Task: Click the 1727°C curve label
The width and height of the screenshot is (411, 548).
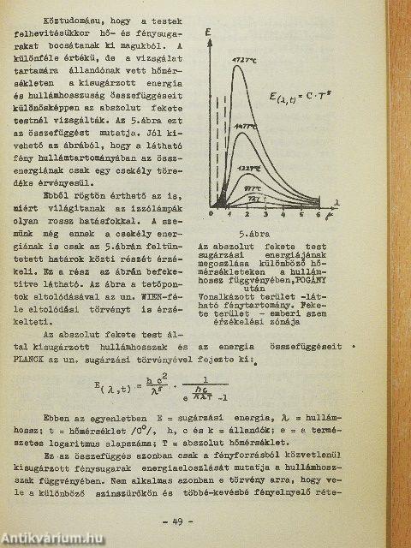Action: pyautogui.click(x=242, y=59)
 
